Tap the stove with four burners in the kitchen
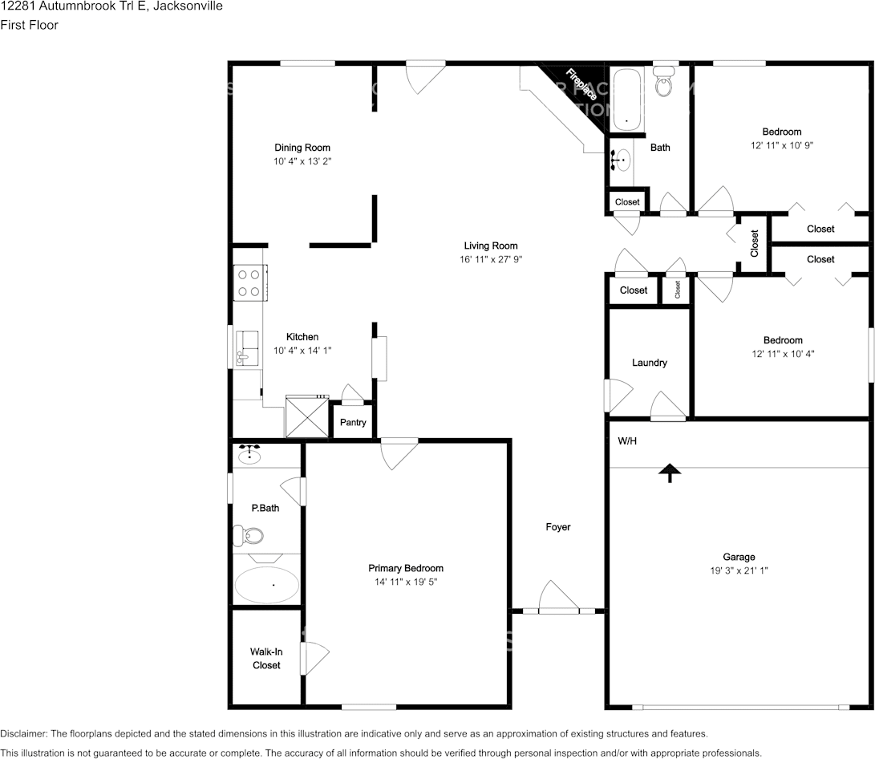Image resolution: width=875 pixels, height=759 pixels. click(249, 283)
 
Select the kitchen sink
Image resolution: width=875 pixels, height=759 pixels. click(247, 349)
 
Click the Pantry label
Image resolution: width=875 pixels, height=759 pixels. click(353, 422)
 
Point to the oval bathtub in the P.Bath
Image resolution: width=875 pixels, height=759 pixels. click(266, 585)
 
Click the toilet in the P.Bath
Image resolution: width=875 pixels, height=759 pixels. click(249, 534)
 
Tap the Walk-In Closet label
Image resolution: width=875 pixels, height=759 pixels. click(266, 659)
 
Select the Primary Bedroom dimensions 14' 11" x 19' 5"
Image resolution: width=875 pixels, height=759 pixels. click(406, 582)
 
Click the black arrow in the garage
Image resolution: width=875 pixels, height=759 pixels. click(667, 473)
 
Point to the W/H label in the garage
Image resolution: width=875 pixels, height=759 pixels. click(627, 441)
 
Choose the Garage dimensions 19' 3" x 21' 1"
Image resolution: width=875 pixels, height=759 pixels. click(739, 570)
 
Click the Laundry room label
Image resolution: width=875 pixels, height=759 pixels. click(649, 363)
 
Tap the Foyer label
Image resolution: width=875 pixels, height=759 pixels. click(558, 527)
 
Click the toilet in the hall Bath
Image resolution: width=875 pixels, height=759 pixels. click(663, 82)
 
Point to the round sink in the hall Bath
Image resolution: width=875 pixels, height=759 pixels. click(621, 160)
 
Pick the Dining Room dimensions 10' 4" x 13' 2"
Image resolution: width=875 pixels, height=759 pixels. click(302, 161)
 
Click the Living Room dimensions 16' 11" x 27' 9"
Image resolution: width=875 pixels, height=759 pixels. click(490, 259)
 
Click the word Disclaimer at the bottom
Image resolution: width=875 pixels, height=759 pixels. click(23, 733)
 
